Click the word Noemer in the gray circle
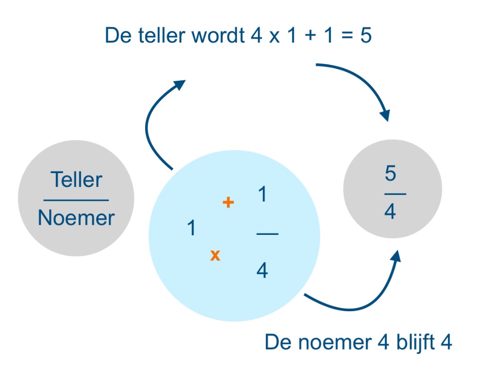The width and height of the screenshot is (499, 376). click(76, 218)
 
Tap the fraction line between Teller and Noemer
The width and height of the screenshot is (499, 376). click(76, 200)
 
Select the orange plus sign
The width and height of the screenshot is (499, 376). click(228, 202)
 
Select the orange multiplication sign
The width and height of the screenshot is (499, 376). click(215, 256)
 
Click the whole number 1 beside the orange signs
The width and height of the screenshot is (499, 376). click(191, 228)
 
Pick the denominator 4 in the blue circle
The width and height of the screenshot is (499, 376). click(262, 271)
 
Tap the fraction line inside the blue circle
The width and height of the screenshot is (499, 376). click(267, 233)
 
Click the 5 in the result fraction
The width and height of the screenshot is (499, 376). click(390, 174)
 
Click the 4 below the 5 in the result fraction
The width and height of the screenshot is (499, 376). click(390, 212)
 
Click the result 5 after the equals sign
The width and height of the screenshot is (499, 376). click(366, 36)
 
